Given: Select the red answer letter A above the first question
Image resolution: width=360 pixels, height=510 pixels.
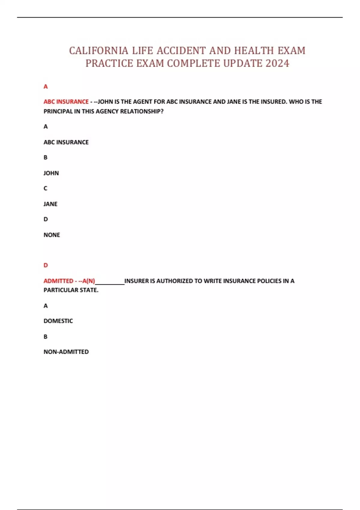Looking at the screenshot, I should click(x=46, y=87).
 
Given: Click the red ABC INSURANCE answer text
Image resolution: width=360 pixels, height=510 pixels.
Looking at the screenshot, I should click(x=66, y=102).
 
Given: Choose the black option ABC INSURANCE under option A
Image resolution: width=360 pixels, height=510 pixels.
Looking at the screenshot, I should click(x=66, y=142).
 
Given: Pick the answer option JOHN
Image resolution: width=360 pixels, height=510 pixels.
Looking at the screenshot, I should click(x=51, y=173).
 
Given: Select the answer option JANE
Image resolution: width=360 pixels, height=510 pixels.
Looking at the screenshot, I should click(x=50, y=204).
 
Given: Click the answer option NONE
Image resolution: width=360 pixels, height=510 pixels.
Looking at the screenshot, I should click(x=52, y=235).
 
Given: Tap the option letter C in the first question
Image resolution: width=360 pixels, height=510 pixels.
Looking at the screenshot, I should click(x=46, y=188).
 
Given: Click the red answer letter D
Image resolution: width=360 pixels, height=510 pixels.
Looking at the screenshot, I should click(x=46, y=265).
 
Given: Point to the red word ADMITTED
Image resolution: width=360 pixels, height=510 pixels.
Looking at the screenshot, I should click(x=58, y=281).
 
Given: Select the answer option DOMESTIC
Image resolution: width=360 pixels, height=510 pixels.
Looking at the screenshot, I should click(x=58, y=321).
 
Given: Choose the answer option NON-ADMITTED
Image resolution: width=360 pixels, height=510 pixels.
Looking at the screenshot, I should click(x=66, y=352).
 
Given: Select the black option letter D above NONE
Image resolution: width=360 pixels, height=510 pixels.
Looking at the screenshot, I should click(x=46, y=219).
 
